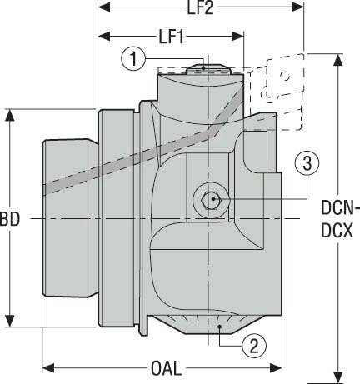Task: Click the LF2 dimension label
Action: [x=200, y=7]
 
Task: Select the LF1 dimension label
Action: [x=171, y=37]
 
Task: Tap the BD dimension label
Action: [x=10, y=219]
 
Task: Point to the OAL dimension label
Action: [x=167, y=369]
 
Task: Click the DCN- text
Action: [x=340, y=208]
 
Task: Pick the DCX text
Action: [x=337, y=231]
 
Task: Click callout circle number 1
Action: [x=133, y=59]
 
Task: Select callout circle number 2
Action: [x=254, y=346]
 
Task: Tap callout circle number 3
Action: [x=307, y=164]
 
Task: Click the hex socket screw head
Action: [x=211, y=199]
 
